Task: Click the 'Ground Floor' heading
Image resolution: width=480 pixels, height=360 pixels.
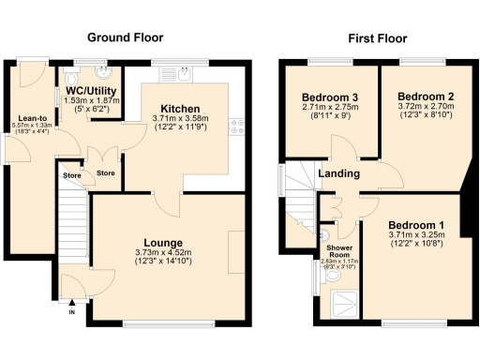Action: coord(125,38)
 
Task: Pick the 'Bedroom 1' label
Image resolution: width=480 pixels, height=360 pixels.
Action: coord(417,224)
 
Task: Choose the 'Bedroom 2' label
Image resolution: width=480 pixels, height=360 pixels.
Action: coord(425,97)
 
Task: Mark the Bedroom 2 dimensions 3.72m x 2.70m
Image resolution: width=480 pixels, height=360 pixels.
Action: coord(426,109)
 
